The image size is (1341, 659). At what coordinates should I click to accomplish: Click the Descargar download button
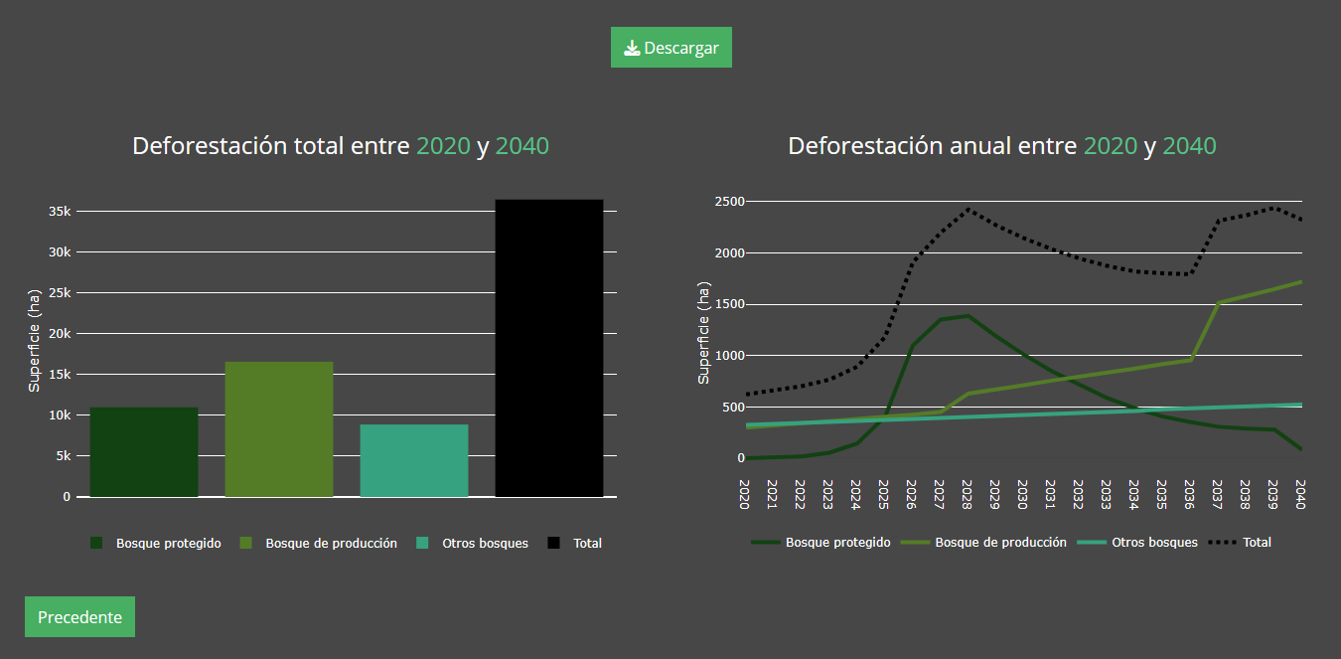[670, 48]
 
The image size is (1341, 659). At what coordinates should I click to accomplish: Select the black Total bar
[549, 348]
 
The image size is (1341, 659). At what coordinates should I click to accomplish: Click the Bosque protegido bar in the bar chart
[144, 452]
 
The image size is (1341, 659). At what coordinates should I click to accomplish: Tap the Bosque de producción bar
[279, 429]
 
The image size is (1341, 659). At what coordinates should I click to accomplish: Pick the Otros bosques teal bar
[414, 460]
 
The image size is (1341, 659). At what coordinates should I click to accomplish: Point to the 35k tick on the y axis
[59, 212]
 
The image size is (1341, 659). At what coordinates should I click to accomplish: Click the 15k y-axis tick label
[59, 375]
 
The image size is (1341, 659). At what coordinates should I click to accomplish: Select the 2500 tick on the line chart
[729, 202]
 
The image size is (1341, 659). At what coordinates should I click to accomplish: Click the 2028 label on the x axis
[967, 494]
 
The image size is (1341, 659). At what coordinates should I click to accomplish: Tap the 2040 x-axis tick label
[1300, 494]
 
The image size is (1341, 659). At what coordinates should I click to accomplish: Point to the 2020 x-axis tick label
[744, 494]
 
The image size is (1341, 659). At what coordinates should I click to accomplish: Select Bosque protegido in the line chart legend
[837, 543]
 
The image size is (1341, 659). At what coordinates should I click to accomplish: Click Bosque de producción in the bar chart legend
[331, 544]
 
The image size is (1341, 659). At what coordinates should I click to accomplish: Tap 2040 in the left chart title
[521, 146]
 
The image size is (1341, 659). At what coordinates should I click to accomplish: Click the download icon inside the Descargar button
[632, 48]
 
